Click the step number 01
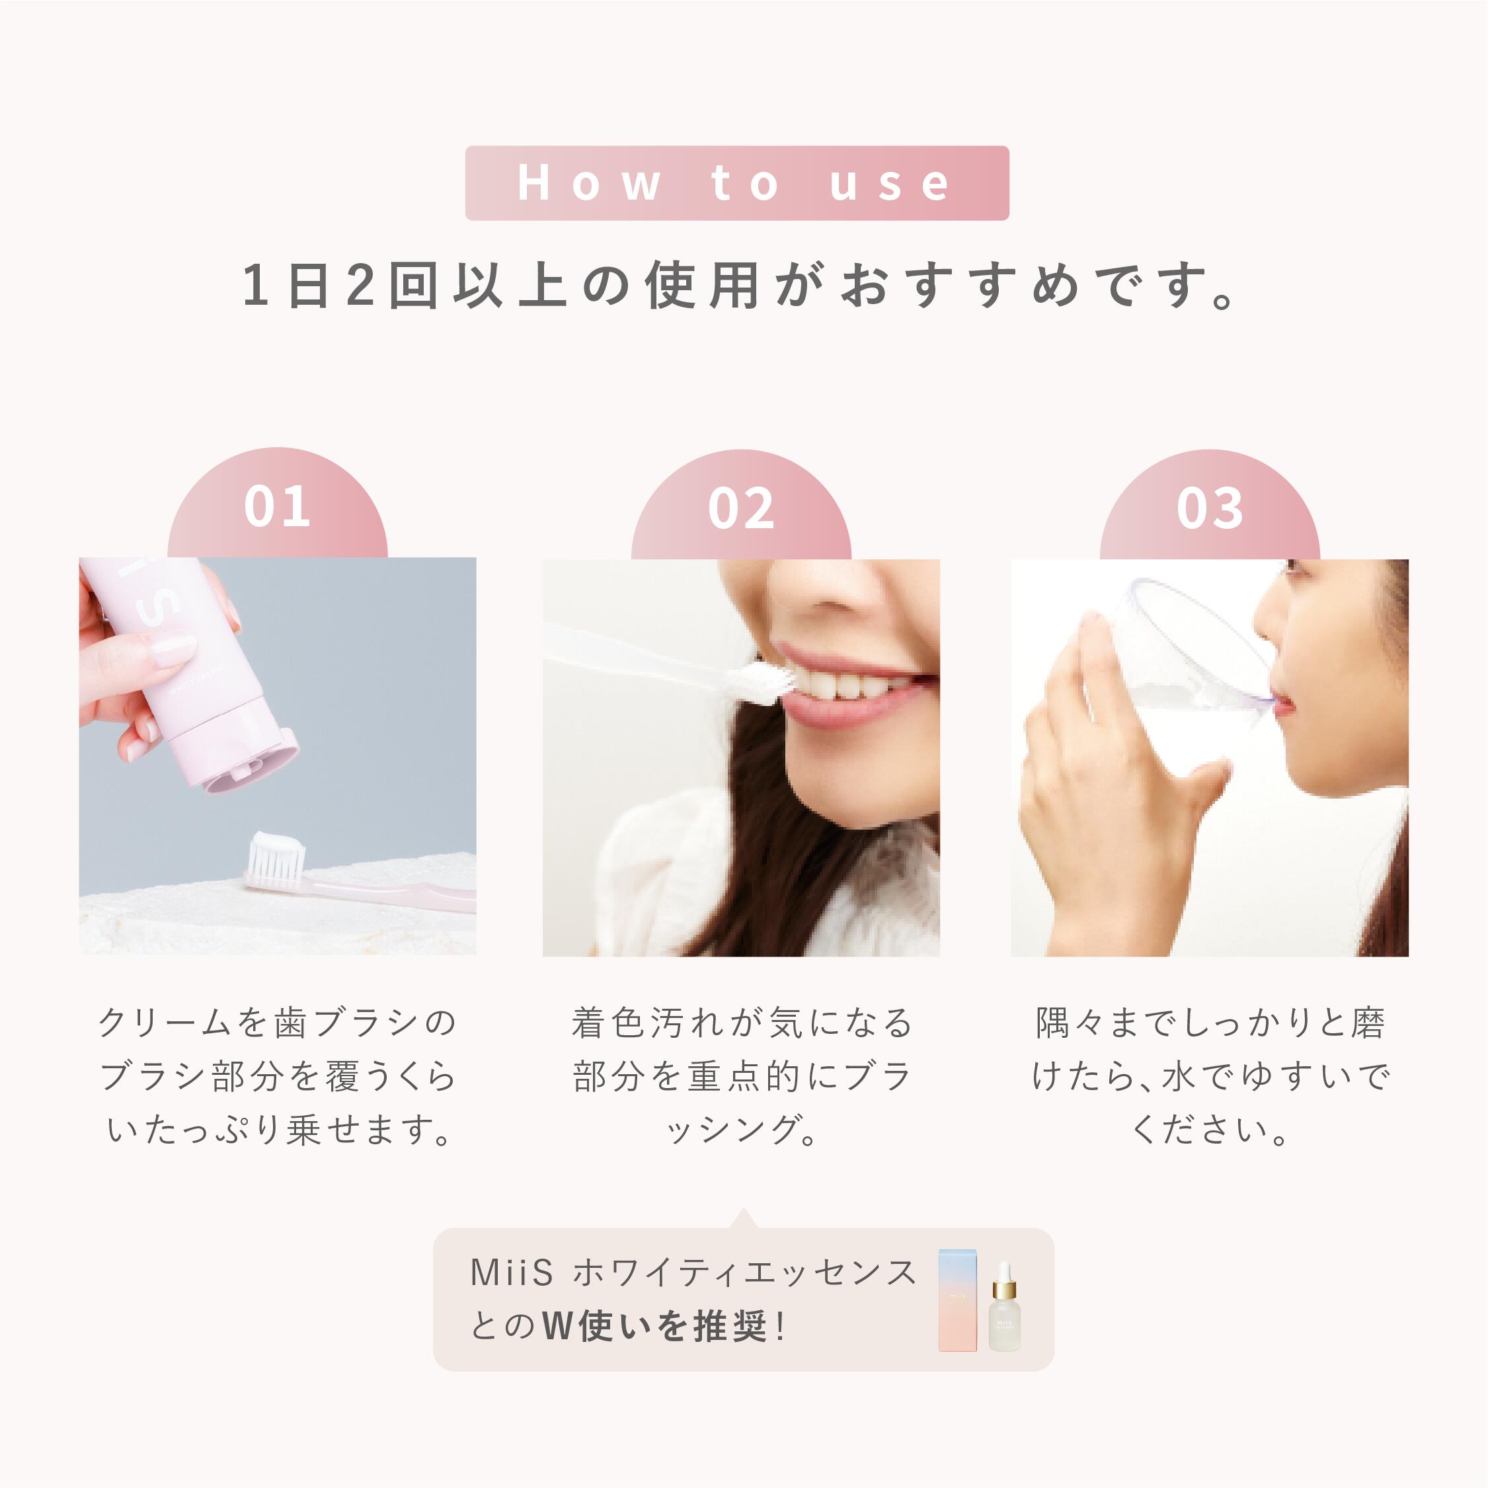(277, 507)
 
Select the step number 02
(741, 508)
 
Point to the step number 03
(1209, 508)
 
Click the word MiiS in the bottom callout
(512, 1273)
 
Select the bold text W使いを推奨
(654, 1326)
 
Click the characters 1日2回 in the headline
(339, 285)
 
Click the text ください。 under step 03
(1209, 1130)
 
